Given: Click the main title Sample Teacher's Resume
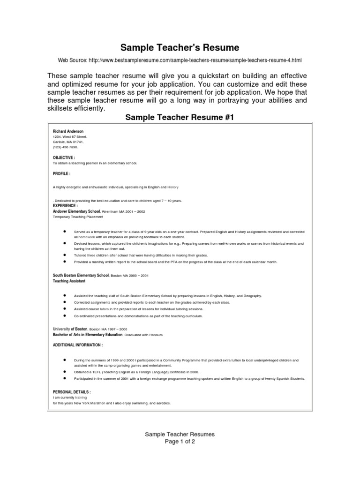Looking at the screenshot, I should pos(180,48).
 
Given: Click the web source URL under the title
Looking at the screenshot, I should pos(180,60).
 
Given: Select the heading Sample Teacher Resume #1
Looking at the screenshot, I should pos(180,117).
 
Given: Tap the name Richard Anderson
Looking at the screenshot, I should pos(68,131).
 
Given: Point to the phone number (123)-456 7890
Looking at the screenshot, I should pos(68,147).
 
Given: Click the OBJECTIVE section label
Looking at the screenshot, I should pos(64,158).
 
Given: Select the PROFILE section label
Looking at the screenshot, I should pos(62,173).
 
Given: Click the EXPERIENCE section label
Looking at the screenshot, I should pos(66,206).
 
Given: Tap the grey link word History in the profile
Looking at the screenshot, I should pos(173,187).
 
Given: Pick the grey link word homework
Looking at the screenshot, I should pos(87,237).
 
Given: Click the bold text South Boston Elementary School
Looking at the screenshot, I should pos(81,276).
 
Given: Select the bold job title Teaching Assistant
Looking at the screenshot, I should pos(69,281).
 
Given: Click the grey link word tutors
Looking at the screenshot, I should pos(104,309).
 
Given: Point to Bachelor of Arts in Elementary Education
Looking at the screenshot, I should pos(88,335).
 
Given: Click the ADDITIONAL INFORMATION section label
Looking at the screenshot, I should pos(78,345).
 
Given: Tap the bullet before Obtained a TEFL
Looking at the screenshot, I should pos(64,371).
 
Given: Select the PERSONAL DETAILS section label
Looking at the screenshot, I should pos(72,391).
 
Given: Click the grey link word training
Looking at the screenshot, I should pos(82,397).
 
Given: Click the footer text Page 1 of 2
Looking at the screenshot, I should pos(180,442).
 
